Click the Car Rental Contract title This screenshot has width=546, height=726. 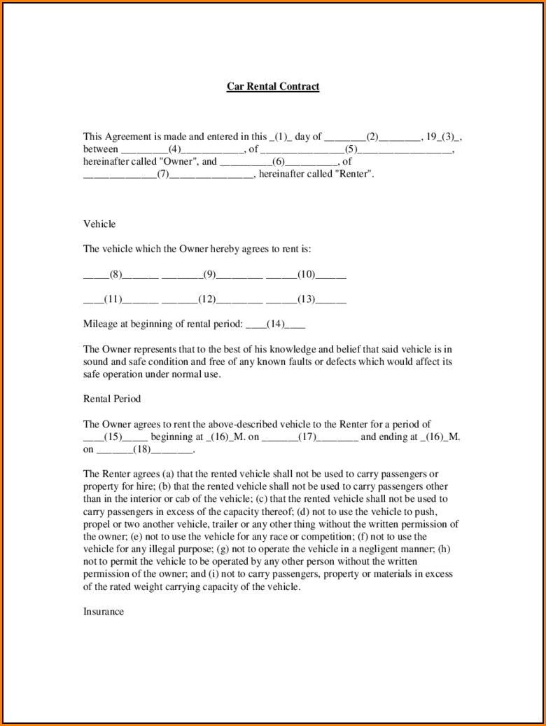272,87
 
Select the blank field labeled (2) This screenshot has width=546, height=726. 372,137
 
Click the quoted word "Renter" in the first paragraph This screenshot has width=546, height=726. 355,174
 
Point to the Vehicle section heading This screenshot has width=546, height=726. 99,224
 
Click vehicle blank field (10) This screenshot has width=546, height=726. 306,275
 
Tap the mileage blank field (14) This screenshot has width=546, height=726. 276,324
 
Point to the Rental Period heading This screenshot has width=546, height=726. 112,399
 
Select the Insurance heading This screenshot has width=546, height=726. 104,612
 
